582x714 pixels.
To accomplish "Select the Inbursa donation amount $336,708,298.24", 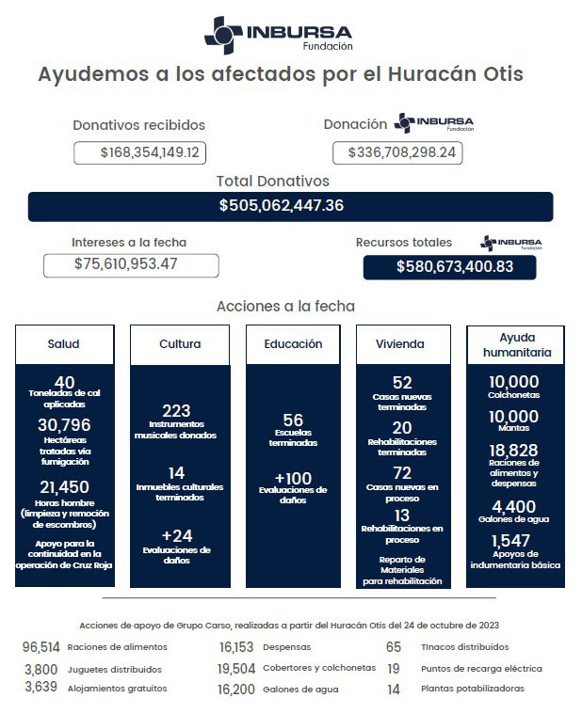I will pyautogui.click(x=397, y=152).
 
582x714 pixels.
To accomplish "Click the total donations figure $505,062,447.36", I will pyautogui.click(x=290, y=205).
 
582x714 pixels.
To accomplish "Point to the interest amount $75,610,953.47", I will pyautogui.click(x=131, y=264).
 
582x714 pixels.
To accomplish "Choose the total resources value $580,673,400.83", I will pyautogui.click(x=449, y=266).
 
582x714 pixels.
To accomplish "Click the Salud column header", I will pyautogui.click(x=64, y=344).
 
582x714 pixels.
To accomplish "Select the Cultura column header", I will pyautogui.click(x=180, y=344).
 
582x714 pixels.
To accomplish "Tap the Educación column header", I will pyautogui.click(x=293, y=344).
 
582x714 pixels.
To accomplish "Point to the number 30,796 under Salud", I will pyautogui.click(x=64, y=425).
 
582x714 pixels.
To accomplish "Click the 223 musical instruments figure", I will pyautogui.click(x=176, y=411).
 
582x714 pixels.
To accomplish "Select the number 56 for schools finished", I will pyautogui.click(x=293, y=420).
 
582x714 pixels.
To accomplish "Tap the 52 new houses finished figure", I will pyautogui.click(x=402, y=382).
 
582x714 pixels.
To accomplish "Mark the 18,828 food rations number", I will pyautogui.click(x=514, y=451).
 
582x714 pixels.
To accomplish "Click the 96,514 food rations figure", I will pyautogui.click(x=41, y=647).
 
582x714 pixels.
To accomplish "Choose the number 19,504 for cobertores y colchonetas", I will pyautogui.click(x=236, y=668).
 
